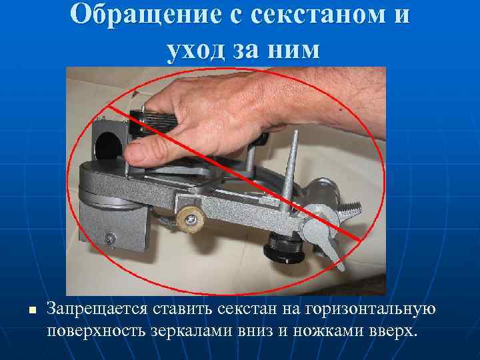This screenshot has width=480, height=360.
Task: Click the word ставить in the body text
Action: point(181,309)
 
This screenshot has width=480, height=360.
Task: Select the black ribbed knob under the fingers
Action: point(156,120)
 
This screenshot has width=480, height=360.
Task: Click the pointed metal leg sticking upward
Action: point(289,173)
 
